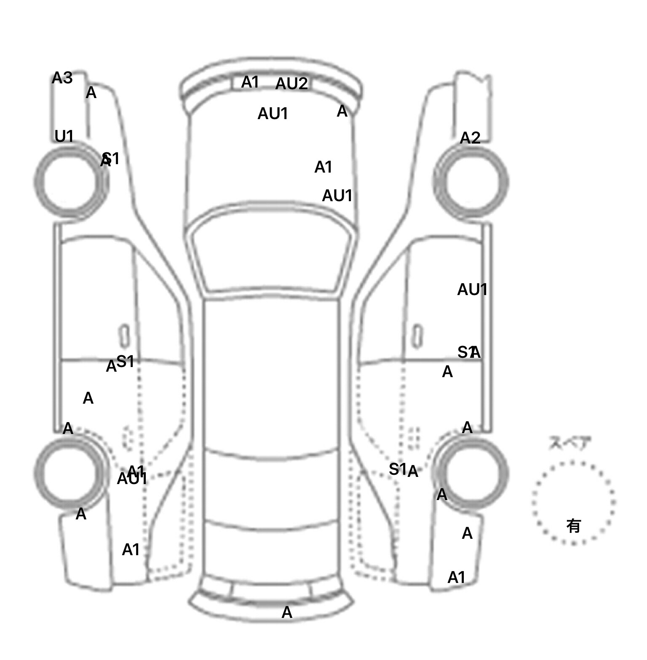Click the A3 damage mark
tap(62, 78)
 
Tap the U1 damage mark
tap(64, 136)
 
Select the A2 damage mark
tap(470, 138)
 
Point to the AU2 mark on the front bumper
tap(291, 84)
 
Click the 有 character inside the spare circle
tap(573, 526)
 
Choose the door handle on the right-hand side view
tap(417, 336)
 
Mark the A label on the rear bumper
tap(287, 612)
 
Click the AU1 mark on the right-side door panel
tap(472, 290)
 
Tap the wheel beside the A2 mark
tap(471, 182)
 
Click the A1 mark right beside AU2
tap(250, 82)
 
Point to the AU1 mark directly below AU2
tap(273, 114)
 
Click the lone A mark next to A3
tap(91, 93)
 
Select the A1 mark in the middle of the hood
tap(323, 168)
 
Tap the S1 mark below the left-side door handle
tap(125, 361)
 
